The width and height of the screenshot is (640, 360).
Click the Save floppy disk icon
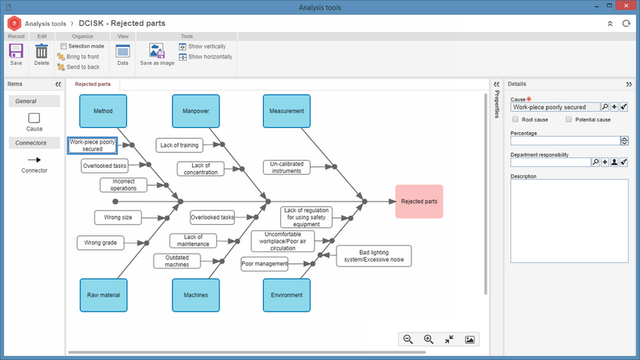[x=16, y=52]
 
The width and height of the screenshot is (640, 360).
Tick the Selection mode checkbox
[x=63, y=46]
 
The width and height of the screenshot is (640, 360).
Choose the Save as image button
[x=157, y=55]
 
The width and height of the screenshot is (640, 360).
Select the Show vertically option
[x=202, y=47]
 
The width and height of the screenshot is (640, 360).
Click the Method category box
[x=103, y=111]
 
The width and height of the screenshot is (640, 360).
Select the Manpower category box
[x=196, y=111]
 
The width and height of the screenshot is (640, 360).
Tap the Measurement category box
[x=286, y=111]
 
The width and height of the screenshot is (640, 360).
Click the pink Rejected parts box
[x=419, y=201]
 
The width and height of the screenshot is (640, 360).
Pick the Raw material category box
[x=104, y=295]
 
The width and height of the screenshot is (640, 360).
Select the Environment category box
[x=286, y=295]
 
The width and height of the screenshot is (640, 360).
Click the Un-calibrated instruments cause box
[x=286, y=167]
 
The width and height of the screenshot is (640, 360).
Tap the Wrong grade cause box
[x=101, y=242]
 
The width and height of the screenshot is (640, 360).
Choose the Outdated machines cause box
[x=176, y=262]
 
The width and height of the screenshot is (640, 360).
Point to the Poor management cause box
[x=265, y=264]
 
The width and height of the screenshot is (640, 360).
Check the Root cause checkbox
[x=515, y=119]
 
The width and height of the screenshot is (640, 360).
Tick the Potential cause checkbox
[x=568, y=119]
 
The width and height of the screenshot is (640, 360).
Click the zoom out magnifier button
[x=407, y=339]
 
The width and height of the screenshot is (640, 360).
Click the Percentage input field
[x=565, y=141]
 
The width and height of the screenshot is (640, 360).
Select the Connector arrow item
[x=34, y=159]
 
